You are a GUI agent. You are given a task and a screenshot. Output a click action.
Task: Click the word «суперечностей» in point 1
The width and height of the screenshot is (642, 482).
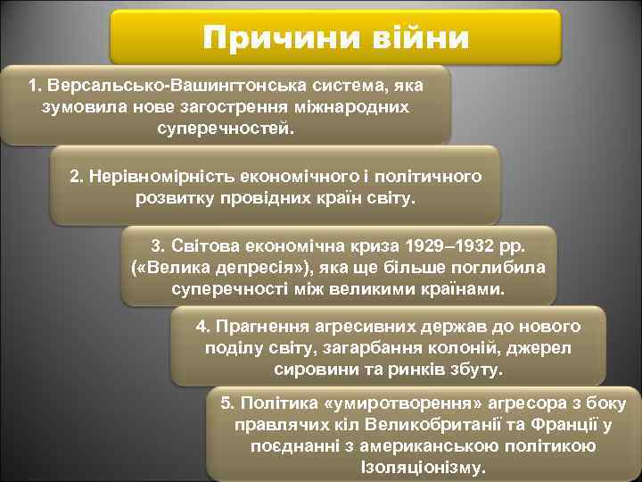click(225, 128)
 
